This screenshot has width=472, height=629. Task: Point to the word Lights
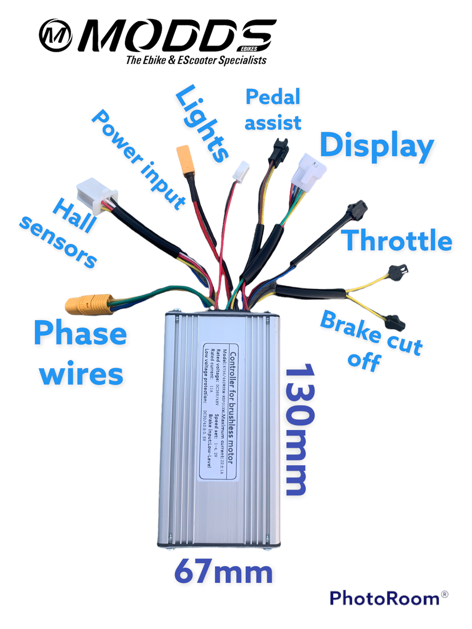tap(202, 124)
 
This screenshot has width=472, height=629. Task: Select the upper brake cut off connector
tap(397, 272)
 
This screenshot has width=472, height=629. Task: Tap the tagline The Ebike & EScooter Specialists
tap(196, 60)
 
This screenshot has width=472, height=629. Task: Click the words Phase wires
tap(81, 353)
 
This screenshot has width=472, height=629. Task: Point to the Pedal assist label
tap(272, 110)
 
